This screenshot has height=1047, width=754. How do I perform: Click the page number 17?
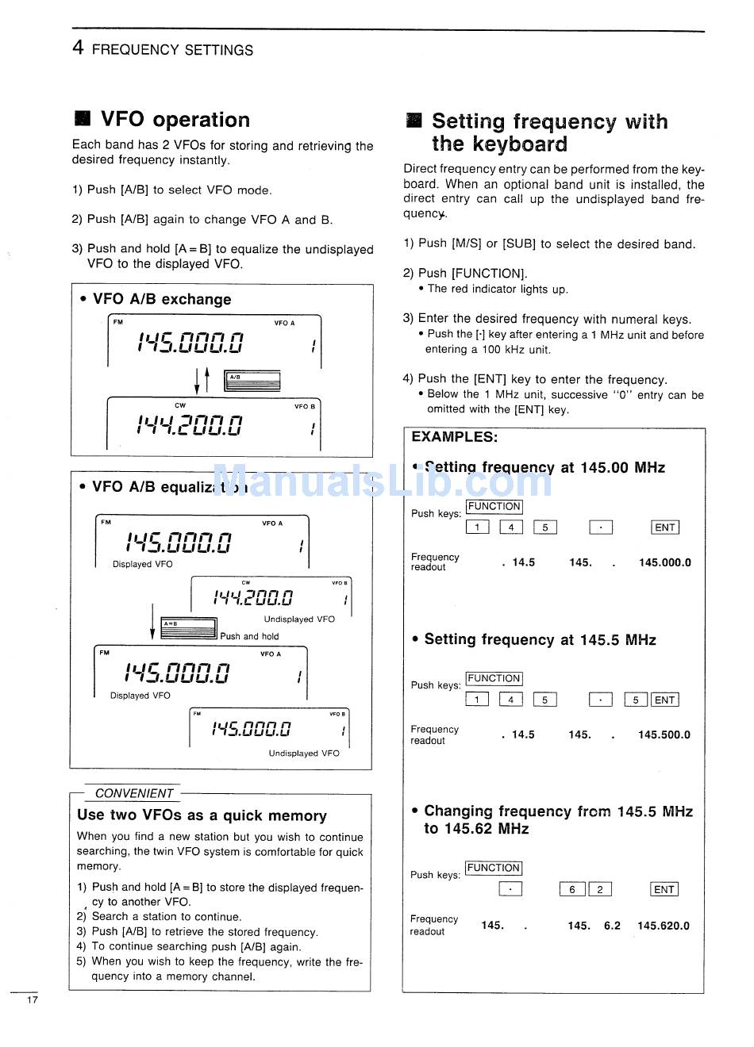pyautogui.click(x=32, y=999)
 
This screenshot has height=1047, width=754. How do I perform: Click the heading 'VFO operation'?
pyautogui.click(x=175, y=120)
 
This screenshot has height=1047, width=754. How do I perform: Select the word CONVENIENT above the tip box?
pyautogui.click(x=134, y=793)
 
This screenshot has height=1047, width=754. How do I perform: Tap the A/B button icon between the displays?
pyautogui.click(x=252, y=381)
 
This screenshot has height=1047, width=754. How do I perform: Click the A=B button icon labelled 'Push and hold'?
pyautogui.click(x=188, y=628)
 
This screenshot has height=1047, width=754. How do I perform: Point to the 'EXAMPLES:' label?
pyautogui.click(x=454, y=437)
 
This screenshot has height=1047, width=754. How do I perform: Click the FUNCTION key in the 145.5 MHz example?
pyautogui.click(x=494, y=679)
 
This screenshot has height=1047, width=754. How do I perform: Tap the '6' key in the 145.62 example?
pyautogui.click(x=571, y=890)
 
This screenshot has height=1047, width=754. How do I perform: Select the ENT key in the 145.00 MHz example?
pyautogui.click(x=664, y=527)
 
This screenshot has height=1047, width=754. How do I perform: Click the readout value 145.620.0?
pyautogui.click(x=663, y=926)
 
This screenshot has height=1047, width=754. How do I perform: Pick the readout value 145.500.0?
pyautogui.click(x=664, y=735)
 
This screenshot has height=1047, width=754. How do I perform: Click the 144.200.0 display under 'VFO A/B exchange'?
pyautogui.click(x=190, y=426)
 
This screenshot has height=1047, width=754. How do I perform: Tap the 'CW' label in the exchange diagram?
pyautogui.click(x=180, y=405)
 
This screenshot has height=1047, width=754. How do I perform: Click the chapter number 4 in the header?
pyautogui.click(x=77, y=48)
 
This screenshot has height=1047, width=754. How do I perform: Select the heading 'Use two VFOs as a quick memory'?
pyautogui.click(x=202, y=815)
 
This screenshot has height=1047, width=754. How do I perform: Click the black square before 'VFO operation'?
pyautogui.click(x=82, y=119)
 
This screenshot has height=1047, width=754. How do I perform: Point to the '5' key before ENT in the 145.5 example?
pyautogui.click(x=636, y=700)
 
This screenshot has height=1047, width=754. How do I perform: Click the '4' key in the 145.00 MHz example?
pyautogui.click(x=511, y=527)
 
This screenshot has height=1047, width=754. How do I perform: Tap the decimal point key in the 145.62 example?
pyautogui.click(x=510, y=890)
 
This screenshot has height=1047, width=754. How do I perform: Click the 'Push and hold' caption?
pyautogui.click(x=249, y=636)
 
